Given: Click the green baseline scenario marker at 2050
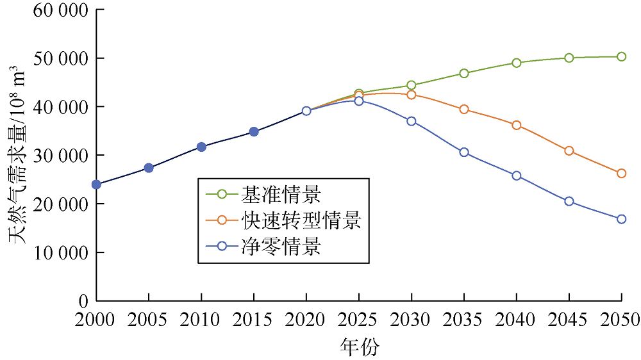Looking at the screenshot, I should pyautogui.click(x=621, y=56).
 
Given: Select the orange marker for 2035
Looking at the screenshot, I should pyautogui.click(x=464, y=110).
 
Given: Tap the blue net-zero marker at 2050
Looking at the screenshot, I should pyautogui.click(x=621, y=219).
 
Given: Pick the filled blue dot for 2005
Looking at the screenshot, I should pyautogui.click(x=149, y=168).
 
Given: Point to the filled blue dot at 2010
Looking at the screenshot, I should pyautogui.click(x=201, y=147).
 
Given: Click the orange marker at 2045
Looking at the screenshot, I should pyautogui.click(x=569, y=151).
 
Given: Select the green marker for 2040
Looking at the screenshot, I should pyautogui.click(x=517, y=63).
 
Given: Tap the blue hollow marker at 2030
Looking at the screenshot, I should pyautogui.click(x=412, y=121).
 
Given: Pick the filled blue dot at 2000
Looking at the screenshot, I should pyautogui.click(x=97, y=184).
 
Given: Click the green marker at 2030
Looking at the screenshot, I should pyautogui.click(x=412, y=85).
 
